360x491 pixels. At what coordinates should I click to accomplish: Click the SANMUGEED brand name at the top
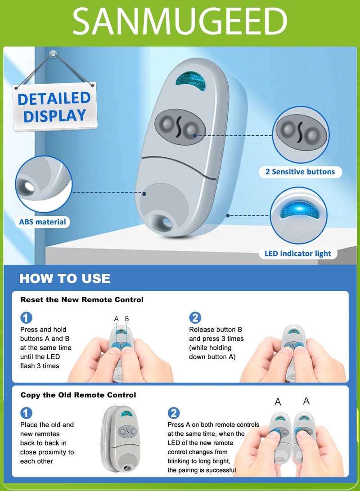(x=180, y=21)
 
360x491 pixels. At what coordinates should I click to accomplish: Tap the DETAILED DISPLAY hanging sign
(x=55, y=107)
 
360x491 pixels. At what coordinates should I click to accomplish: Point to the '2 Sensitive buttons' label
(x=300, y=172)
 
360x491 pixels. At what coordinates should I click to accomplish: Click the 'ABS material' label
(x=42, y=222)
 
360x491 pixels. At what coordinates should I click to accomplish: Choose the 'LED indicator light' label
(x=297, y=253)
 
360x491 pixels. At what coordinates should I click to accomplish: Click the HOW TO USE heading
(x=65, y=278)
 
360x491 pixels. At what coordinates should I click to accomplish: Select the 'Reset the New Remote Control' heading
(x=82, y=299)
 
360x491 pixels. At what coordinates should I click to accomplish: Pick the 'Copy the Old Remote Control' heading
(x=78, y=395)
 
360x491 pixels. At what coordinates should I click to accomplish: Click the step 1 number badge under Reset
(x=26, y=318)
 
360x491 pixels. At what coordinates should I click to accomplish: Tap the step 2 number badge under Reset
(x=195, y=318)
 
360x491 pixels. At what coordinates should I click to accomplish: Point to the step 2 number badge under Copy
(x=174, y=413)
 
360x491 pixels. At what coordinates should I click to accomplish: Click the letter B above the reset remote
(x=127, y=319)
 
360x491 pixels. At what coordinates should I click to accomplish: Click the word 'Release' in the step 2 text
(x=201, y=330)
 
